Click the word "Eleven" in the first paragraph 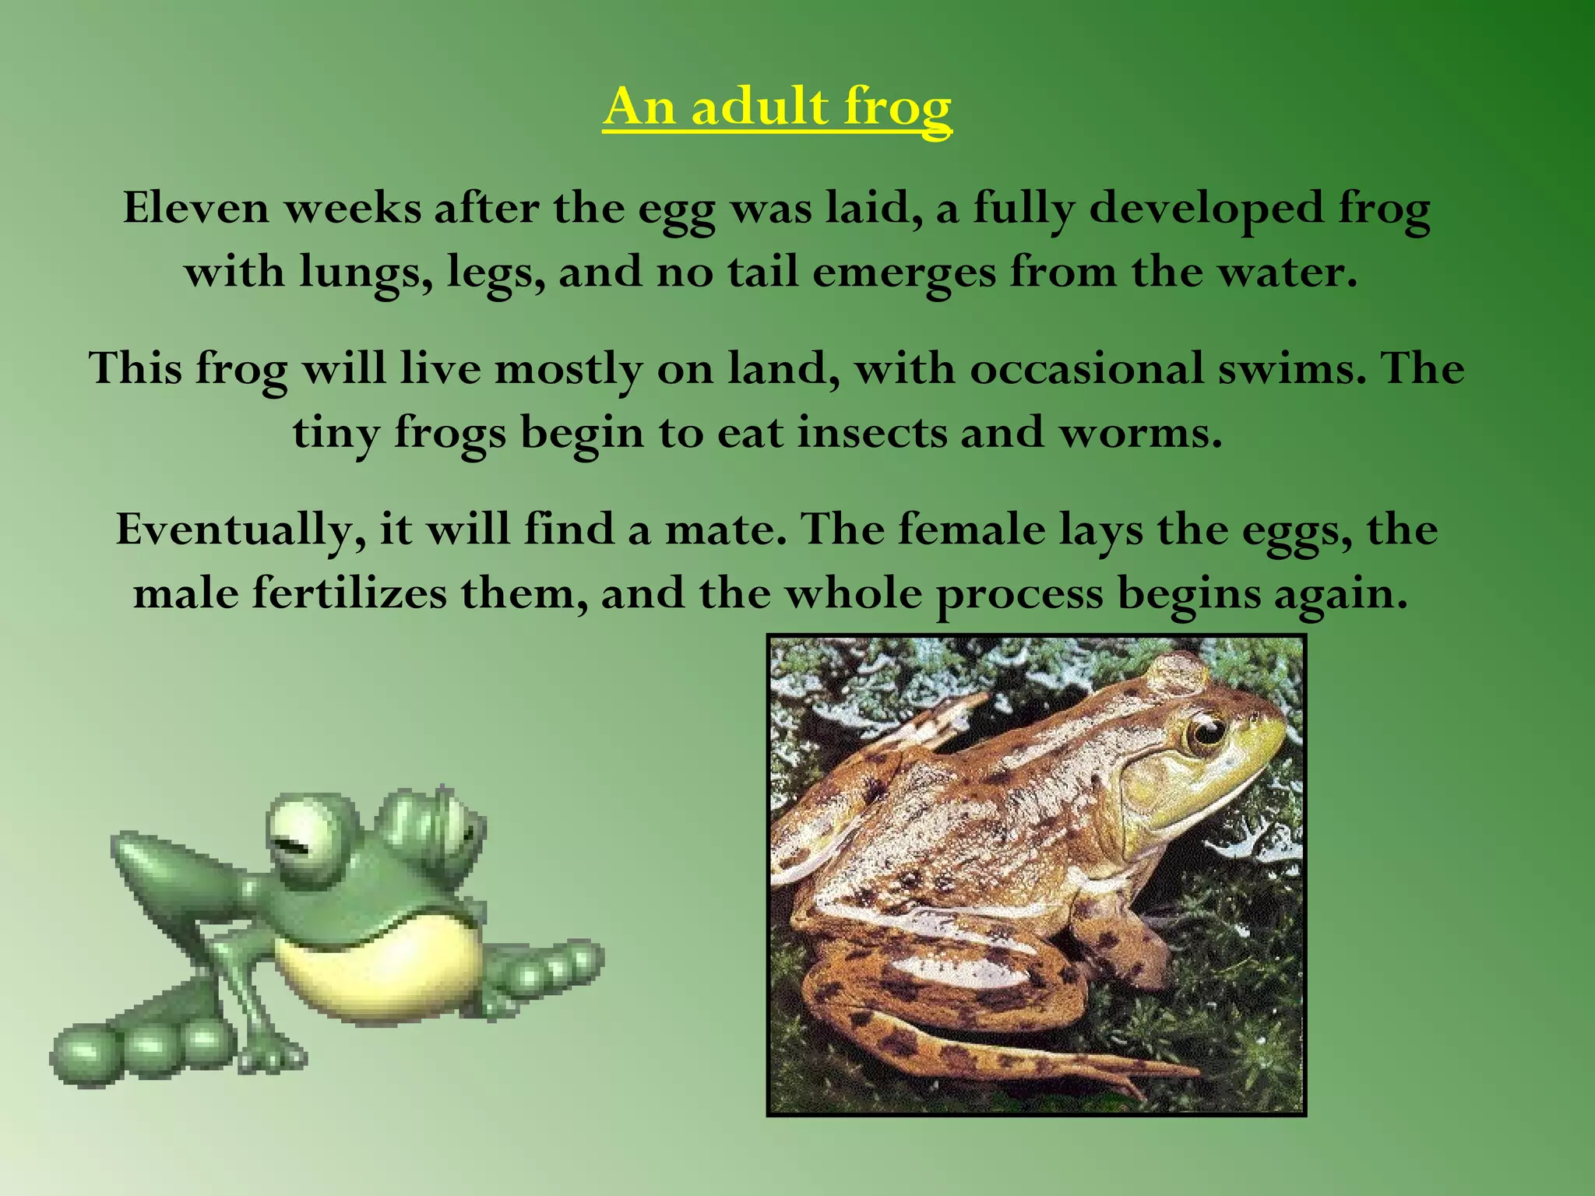(195, 209)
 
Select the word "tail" (763, 273)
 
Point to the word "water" (1285, 273)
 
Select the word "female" (971, 529)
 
